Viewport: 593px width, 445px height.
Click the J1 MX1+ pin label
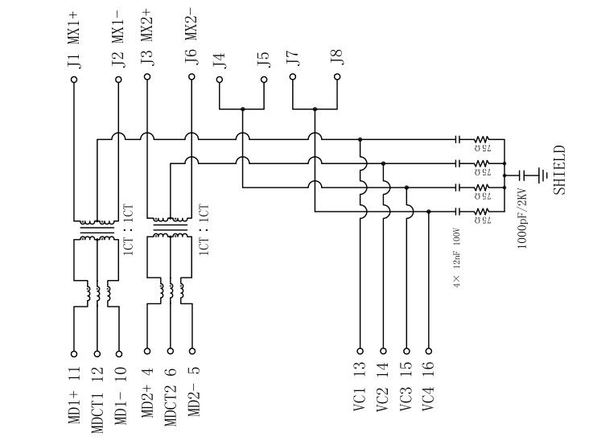click(73, 38)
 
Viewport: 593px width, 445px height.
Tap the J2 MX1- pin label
click(118, 38)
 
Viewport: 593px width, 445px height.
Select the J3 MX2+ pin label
click(146, 38)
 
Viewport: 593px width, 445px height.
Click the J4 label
click(220, 60)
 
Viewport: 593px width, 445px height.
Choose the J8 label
click(336, 57)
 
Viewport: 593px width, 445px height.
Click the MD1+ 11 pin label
click(74, 394)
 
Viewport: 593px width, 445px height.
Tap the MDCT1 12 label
click(97, 400)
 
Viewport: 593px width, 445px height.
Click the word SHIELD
click(559, 171)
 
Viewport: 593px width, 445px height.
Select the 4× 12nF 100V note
click(456, 258)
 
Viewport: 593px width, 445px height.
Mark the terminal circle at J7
click(293, 78)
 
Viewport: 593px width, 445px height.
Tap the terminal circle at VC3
click(406, 351)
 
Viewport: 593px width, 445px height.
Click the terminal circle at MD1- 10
click(119, 351)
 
